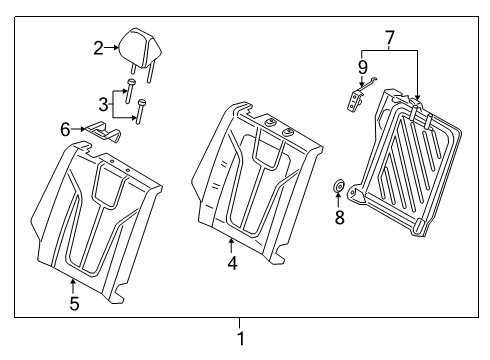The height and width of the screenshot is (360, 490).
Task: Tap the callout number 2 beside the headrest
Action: tap(99, 46)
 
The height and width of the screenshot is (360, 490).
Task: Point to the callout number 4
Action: tap(231, 265)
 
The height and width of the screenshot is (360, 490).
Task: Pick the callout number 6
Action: tap(67, 129)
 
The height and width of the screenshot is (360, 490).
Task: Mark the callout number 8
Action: tap(339, 217)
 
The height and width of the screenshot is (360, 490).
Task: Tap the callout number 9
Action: tap(362, 67)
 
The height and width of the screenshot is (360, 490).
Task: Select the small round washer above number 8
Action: tap(339, 186)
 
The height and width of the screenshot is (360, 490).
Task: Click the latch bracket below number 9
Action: tap(354, 99)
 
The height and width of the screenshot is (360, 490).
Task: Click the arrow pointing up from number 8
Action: tap(339, 201)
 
